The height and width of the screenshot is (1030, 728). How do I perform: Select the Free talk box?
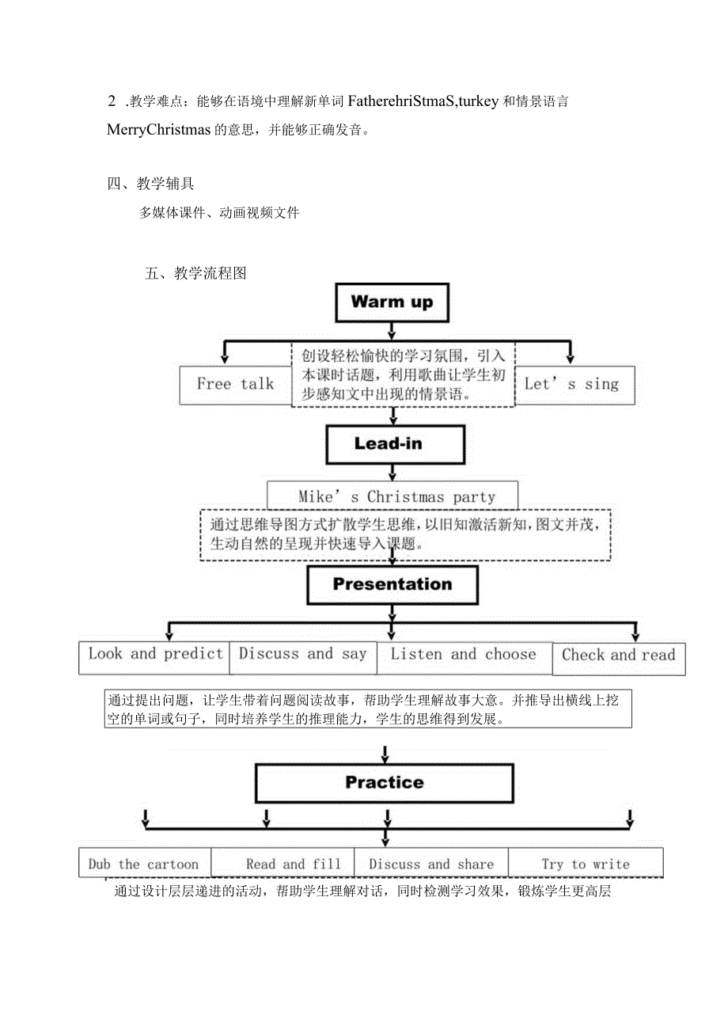[x=235, y=385]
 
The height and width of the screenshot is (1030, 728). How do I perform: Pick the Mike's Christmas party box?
[x=393, y=496]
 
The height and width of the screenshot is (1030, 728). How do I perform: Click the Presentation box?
[x=392, y=585]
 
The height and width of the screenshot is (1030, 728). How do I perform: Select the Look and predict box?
[x=154, y=656]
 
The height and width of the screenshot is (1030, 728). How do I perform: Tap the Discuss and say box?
[x=303, y=656]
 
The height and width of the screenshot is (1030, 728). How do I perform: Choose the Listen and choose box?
[x=463, y=656]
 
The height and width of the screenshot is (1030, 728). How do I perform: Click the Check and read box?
[x=618, y=657]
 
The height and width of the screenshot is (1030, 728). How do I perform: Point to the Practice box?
[x=385, y=783]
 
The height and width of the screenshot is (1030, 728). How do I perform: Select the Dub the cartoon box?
[x=144, y=863]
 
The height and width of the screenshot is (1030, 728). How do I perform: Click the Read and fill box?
[x=293, y=864]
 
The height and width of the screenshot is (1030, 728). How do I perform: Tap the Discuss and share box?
[x=430, y=864]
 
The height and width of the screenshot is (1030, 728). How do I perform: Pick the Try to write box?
[x=585, y=864]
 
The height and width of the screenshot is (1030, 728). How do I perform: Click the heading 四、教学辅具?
[x=150, y=184]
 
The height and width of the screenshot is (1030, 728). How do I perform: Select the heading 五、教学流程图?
[x=196, y=274]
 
